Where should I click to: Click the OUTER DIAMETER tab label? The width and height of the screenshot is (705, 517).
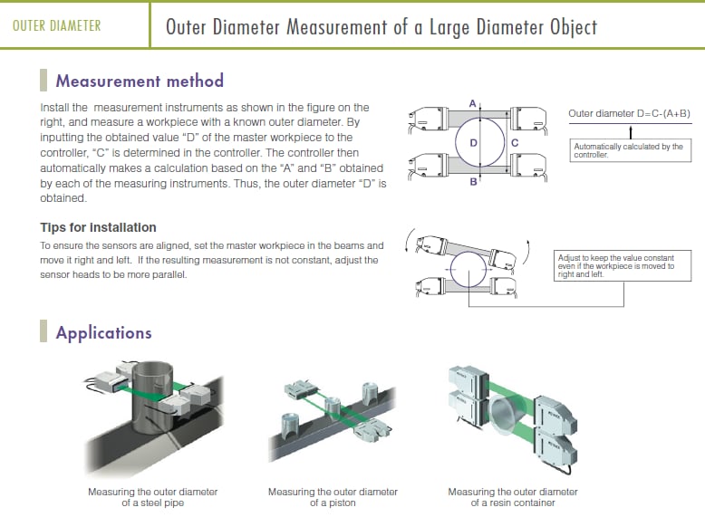click(57, 25)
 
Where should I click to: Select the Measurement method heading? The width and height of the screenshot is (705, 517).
click(140, 81)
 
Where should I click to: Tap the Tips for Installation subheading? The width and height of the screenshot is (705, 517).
click(98, 227)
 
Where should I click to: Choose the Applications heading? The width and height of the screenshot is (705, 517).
click(103, 332)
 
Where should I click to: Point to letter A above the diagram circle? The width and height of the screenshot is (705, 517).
click(472, 104)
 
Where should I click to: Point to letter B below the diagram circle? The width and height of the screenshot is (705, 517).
click(472, 182)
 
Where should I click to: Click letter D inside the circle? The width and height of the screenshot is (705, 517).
click(473, 143)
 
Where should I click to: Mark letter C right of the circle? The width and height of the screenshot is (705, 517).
click(514, 143)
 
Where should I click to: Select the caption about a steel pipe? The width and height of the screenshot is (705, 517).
click(152, 497)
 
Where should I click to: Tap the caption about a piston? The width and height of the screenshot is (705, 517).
click(333, 497)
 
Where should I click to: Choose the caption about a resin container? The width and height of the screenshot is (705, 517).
click(513, 497)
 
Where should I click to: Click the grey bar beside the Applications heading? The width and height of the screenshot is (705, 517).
click(43, 332)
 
